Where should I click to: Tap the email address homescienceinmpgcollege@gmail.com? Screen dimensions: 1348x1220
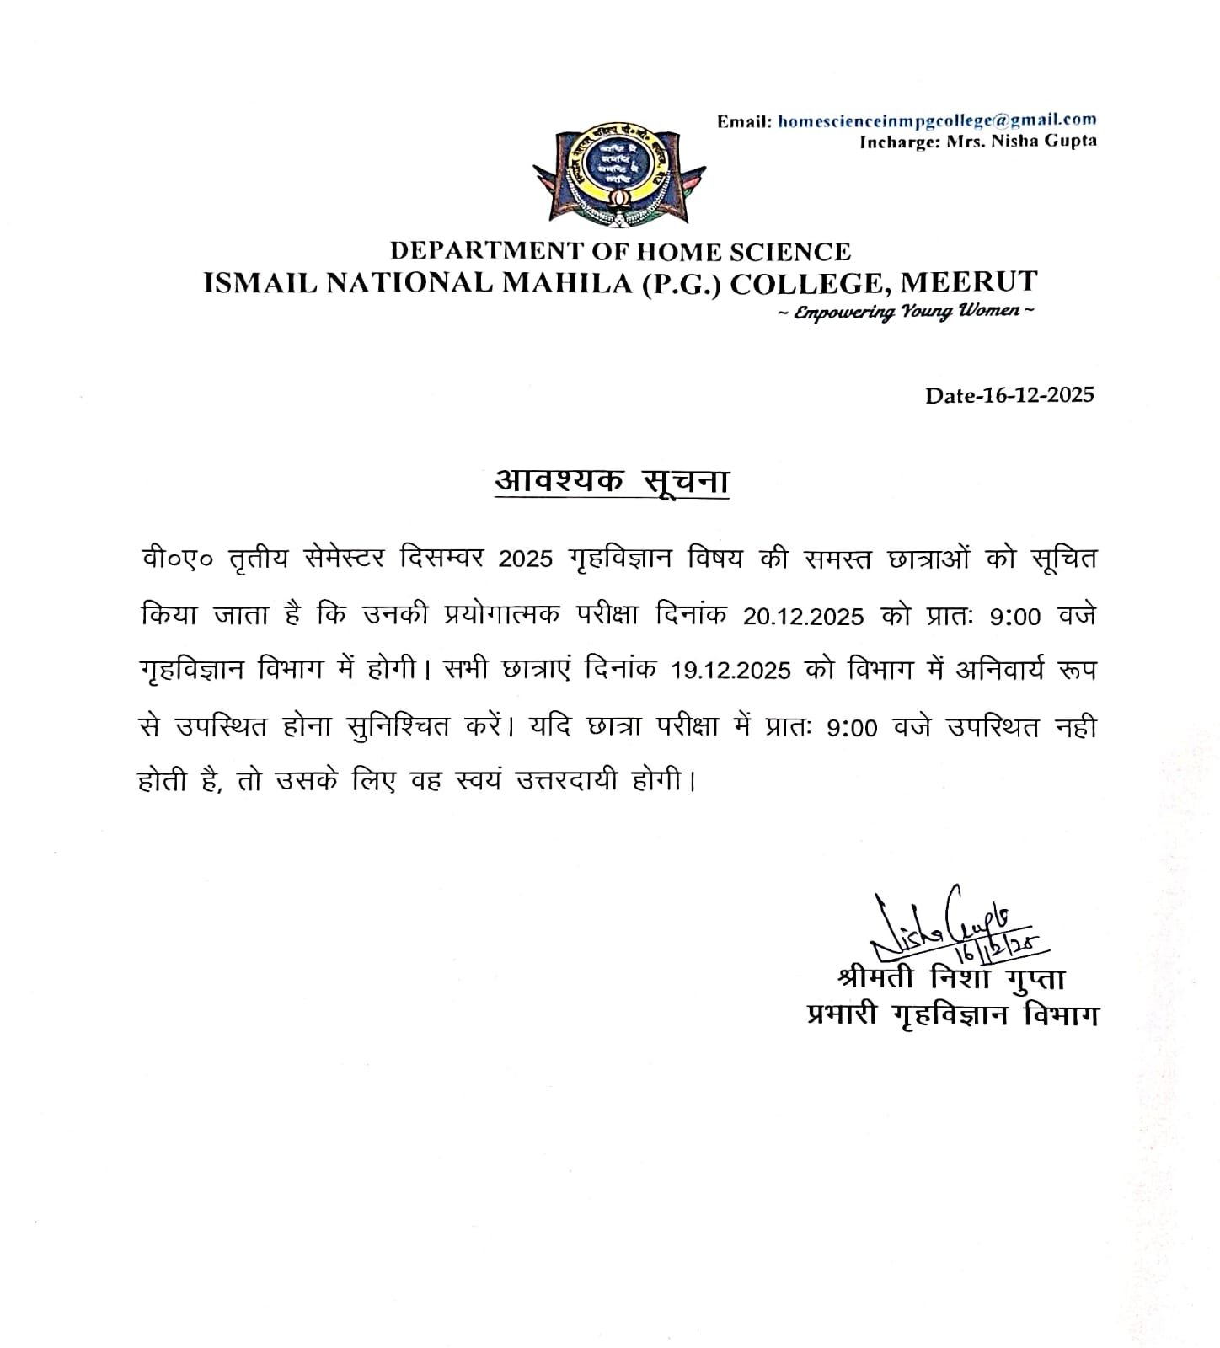tap(937, 120)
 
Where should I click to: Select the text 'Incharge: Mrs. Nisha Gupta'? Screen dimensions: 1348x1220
tap(977, 142)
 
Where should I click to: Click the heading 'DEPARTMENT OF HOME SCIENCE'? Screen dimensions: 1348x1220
tap(620, 251)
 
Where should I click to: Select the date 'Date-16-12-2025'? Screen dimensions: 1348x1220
tap(1009, 395)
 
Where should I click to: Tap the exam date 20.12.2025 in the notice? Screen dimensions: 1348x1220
tap(803, 617)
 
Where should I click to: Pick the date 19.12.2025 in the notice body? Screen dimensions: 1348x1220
tap(730, 671)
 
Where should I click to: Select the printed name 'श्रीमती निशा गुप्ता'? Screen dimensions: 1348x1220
tap(952, 980)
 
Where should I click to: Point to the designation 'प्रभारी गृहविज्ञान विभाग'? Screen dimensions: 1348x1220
tap(952, 1016)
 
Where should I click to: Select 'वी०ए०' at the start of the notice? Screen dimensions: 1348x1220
tap(176, 559)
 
